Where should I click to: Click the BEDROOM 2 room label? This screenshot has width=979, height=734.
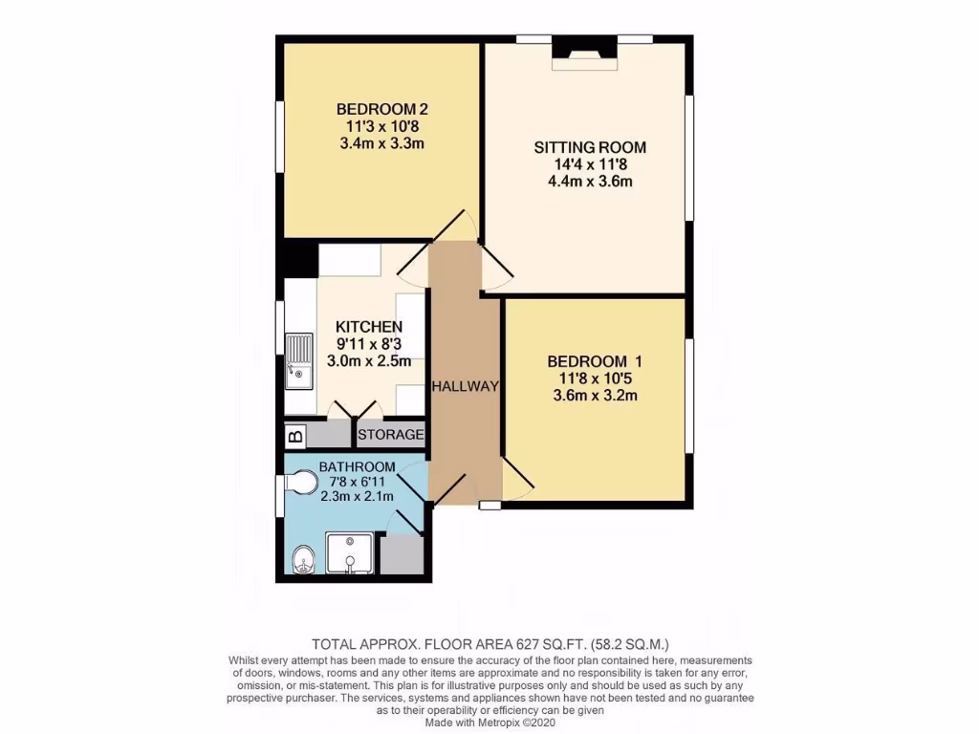[381, 109]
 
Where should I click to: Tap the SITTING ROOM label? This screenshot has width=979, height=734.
[590, 147]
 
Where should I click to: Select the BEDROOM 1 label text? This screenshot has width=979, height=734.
[594, 361]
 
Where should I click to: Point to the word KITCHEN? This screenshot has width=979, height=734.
[368, 328]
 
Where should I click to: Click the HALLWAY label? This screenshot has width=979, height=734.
[465, 386]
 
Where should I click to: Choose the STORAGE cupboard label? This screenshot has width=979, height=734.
[390, 435]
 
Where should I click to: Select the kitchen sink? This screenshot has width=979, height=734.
[298, 361]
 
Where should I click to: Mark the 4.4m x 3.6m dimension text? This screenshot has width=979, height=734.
[590, 181]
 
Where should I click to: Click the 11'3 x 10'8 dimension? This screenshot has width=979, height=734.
[381, 126]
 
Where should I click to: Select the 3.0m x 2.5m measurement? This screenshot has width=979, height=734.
[368, 361]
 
